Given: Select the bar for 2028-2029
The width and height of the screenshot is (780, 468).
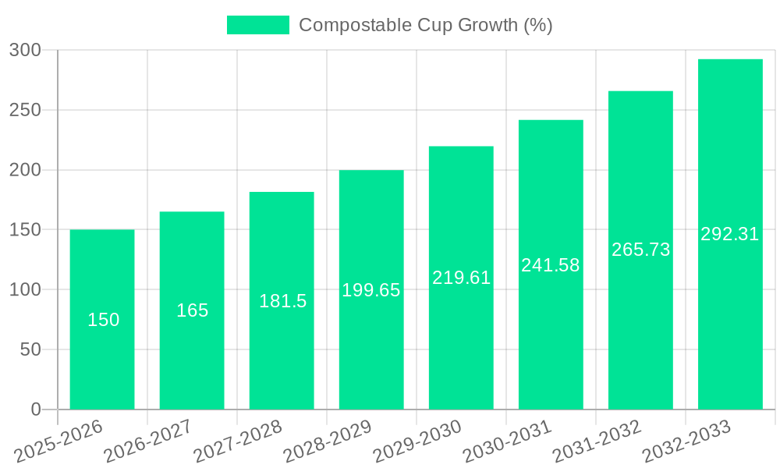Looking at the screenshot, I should (x=371, y=351).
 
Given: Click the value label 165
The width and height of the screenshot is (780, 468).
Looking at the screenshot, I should (x=192, y=310).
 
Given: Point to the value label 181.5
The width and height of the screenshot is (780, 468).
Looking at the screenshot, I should (x=282, y=301).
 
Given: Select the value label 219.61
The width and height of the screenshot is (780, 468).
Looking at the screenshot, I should (x=461, y=278).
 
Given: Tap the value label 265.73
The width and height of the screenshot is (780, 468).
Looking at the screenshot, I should (x=640, y=250).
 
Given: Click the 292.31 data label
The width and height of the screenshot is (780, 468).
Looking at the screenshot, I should (x=730, y=234).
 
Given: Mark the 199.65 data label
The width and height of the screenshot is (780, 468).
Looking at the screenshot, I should (x=371, y=290).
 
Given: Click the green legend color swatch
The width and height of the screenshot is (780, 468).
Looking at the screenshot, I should (x=257, y=25).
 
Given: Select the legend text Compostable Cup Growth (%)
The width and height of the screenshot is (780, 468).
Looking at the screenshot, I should (x=426, y=25).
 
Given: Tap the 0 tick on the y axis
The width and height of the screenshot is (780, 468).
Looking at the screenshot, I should (x=35, y=409).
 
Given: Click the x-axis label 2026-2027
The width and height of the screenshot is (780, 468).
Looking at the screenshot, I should (x=148, y=441).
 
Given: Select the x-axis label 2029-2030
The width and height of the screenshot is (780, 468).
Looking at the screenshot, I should (x=417, y=441).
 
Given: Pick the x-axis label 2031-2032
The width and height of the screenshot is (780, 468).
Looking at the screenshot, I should (x=597, y=441).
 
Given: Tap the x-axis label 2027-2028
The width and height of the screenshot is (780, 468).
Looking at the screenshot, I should (x=238, y=441).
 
